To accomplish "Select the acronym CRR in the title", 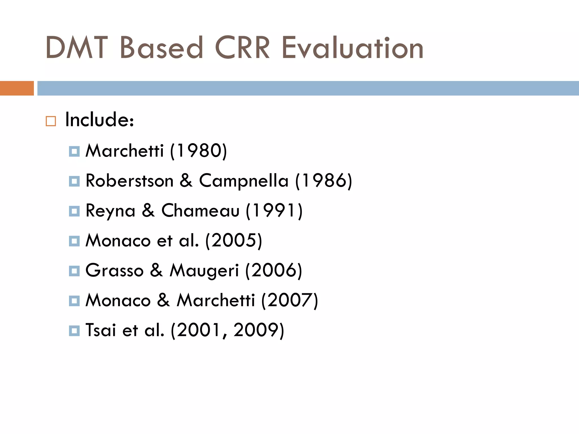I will click(x=242, y=48).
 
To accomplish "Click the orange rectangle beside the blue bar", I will click(x=17, y=88).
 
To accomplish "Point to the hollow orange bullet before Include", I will click(x=51, y=121).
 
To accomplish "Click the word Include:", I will click(x=100, y=120).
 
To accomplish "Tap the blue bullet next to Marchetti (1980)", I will click(x=74, y=151).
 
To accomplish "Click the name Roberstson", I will click(x=129, y=181).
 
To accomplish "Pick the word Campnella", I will click(x=244, y=181).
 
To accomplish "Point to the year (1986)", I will click(x=324, y=181).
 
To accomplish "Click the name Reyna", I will click(x=111, y=211).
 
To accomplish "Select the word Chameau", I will click(x=200, y=211).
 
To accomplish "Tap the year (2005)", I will click(x=234, y=241).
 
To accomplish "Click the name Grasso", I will click(x=114, y=270).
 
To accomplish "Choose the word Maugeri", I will click(x=204, y=271).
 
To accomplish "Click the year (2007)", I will click(x=290, y=300).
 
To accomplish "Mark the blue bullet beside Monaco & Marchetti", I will click(x=74, y=301).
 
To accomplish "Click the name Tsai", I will click(x=101, y=330).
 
